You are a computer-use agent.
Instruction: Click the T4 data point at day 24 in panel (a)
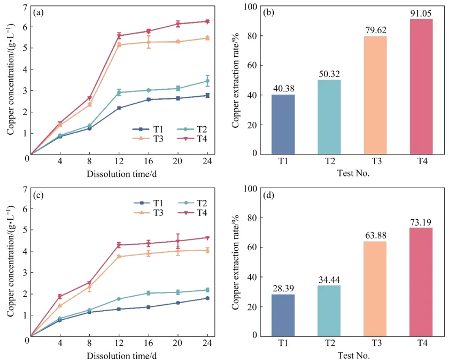coord(207,21)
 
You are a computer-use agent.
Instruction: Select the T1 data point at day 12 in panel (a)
coord(119,108)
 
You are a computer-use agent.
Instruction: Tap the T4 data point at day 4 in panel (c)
coord(60,296)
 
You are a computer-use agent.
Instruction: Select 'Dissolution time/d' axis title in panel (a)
coord(119,174)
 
